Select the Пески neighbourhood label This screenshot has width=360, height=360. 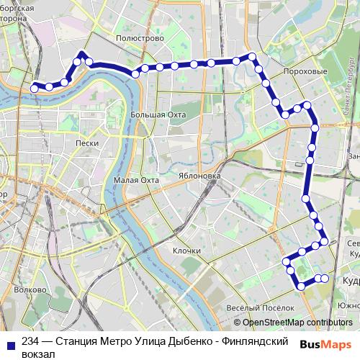pyautogui.click(x=87, y=143)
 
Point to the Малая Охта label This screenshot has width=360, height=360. pyautogui.click(x=136, y=180)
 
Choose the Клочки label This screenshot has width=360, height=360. pyautogui.click(x=186, y=250)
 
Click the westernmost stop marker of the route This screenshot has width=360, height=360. pyautogui.click(x=34, y=88)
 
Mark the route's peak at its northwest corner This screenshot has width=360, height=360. pyautogui.click(x=81, y=54)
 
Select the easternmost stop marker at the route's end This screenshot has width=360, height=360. pyautogui.click(x=325, y=278)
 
